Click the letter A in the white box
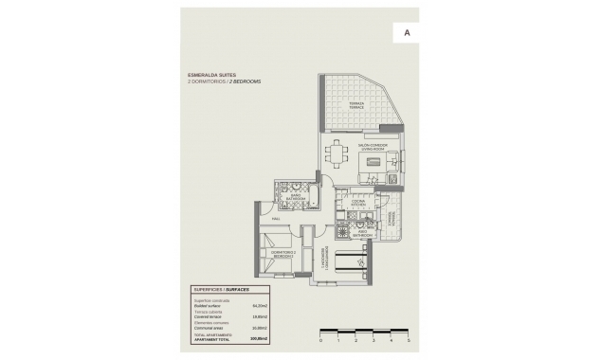407,32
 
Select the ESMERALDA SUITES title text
213,75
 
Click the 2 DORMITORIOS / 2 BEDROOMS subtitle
225,82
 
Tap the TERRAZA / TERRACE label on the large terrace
356,103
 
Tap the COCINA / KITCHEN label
358,203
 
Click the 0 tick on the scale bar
321,338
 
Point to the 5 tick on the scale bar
408,338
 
